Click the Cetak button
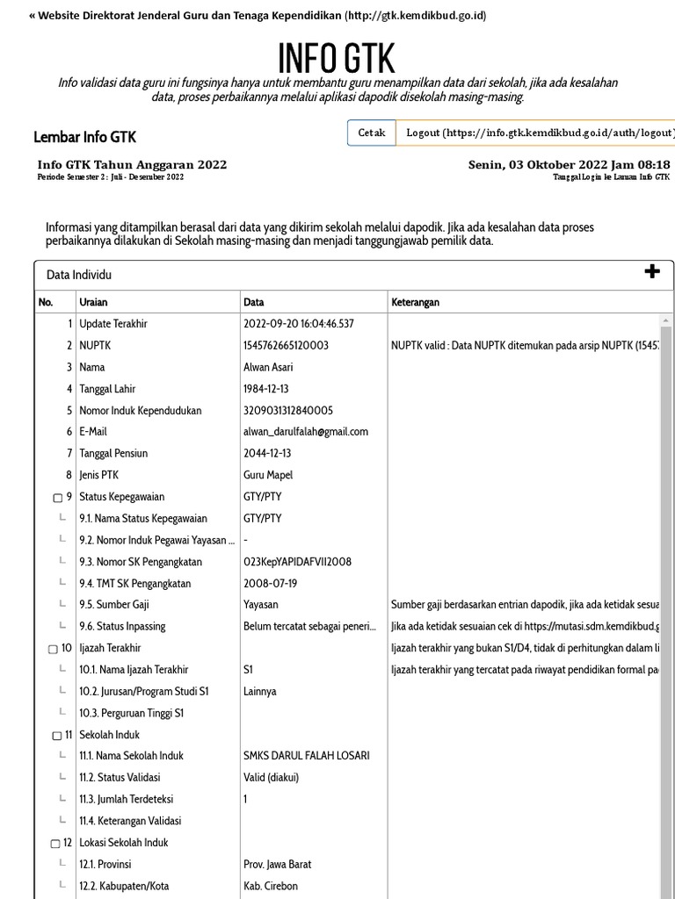pyautogui.click(x=371, y=133)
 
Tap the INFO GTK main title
pyautogui.click(x=337, y=58)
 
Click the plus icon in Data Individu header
pyautogui.click(x=652, y=272)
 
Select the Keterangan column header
pyautogui.click(x=415, y=302)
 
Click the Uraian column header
pyautogui.click(x=93, y=302)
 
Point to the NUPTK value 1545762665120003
pyautogui.click(x=286, y=345)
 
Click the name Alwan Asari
pyautogui.click(x=268, y=367)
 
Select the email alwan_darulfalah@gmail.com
pyautogui.click(x=306, y=431)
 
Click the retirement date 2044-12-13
pyautogui.click(x=267, y=453)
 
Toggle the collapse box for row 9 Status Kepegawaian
pyautogui.click(x=58, y=498)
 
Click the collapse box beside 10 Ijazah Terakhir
pyautogui.click(x=53, y=649)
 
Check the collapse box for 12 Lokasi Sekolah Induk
pyautogui.click(x=55, y=844)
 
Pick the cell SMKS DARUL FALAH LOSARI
pyautogui.click(x=306, y=756)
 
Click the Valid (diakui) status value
pyautogui.click(x=273, y=777)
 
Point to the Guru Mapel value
pyautogui.click(x=268, y=475)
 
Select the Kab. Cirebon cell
pyautogui.click(x=271, y=886)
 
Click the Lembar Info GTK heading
pyautogui.click(x=84, y=137)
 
